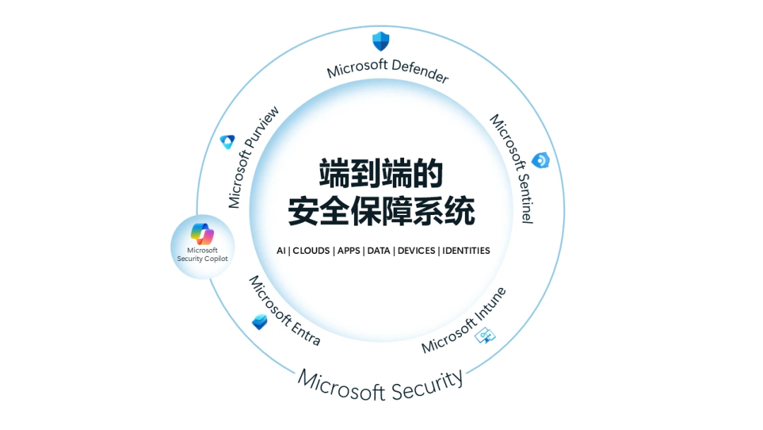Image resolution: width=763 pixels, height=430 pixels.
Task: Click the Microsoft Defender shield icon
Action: pos(381,40)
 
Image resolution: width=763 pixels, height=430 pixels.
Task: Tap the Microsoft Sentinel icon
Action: pos(540,161)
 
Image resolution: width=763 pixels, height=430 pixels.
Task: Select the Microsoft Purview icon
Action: pos(227,141)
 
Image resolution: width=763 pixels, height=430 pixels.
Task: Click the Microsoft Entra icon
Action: pos(259,322)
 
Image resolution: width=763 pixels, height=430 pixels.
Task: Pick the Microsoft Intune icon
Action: pos(486,335)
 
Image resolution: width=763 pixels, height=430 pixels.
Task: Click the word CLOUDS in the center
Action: pos(312,251)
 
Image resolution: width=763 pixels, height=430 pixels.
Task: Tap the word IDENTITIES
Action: pos(466,251)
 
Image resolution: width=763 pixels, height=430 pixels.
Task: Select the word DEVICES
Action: pos(416,251)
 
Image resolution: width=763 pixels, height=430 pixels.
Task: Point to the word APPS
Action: pos(349,251)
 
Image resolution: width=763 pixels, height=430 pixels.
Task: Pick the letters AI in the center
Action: pos(281,251)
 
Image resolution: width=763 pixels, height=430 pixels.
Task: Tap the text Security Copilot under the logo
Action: pos(202,259)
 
